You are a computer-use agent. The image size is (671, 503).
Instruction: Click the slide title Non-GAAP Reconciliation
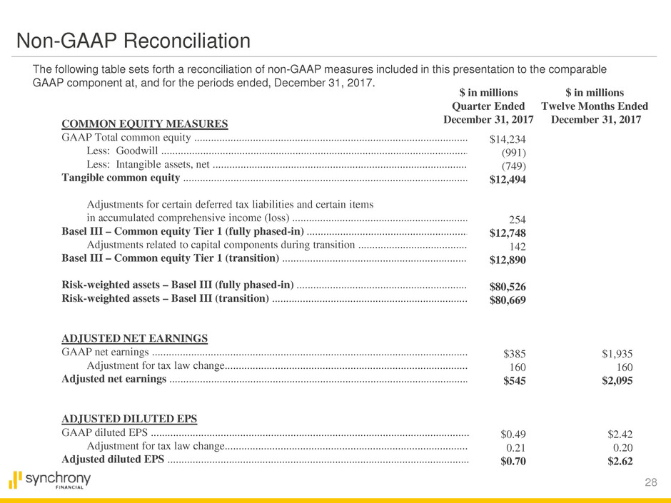134,41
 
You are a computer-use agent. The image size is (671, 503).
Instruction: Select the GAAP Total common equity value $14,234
508,139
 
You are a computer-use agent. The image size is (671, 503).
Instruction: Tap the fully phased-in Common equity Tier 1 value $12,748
508,233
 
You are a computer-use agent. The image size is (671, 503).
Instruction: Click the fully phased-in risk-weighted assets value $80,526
508,287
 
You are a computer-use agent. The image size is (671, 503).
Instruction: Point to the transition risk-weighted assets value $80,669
508,300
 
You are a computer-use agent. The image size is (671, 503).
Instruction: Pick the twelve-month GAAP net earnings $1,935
617,353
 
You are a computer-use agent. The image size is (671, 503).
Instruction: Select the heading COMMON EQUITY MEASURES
145,124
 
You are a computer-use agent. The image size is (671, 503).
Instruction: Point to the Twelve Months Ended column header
595,106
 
